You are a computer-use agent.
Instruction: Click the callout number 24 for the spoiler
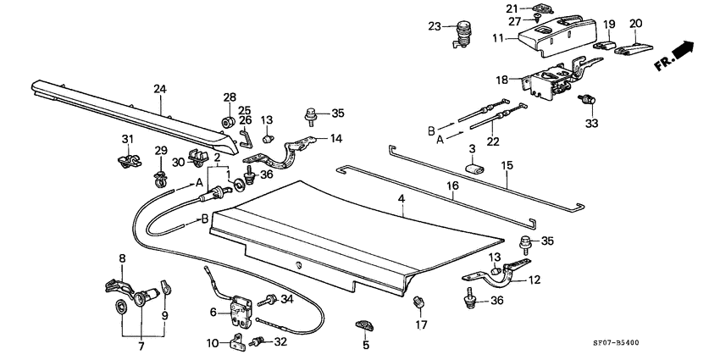(160, 88)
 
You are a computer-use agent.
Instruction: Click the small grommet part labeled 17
(418, 302)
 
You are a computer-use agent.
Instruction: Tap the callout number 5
(365, 344)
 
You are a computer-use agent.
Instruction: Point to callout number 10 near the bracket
(213, 343)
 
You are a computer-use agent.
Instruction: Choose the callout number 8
(121, 258)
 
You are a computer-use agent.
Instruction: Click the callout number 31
(127, 139)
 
